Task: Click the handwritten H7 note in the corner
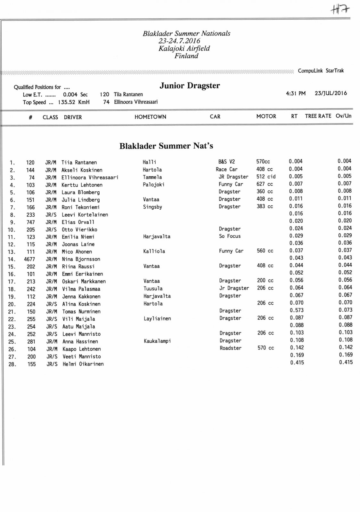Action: coord(340,10)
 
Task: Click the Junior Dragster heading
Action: coord(190,86)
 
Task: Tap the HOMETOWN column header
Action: coord(150,117)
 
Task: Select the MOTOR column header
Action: coord(266,116)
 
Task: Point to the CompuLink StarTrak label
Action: coord(321,71)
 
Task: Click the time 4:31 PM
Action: coord(296,93)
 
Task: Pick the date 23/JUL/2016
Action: coord(331,93)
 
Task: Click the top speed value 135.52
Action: coord(67,102)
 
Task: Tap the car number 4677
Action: coord(29,259)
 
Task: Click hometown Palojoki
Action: coord(153,185)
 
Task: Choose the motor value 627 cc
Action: coord(265,184)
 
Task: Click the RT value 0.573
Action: coord(297,310)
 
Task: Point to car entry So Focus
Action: coord(230,236)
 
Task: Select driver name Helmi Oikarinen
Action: coord(83,364)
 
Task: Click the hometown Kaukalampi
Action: coord(157,341)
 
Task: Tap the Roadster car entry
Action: coord(230,348)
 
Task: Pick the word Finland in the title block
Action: coord(186,56)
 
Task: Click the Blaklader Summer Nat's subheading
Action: coord(166,146)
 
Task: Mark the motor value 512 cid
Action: coord(266,177)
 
